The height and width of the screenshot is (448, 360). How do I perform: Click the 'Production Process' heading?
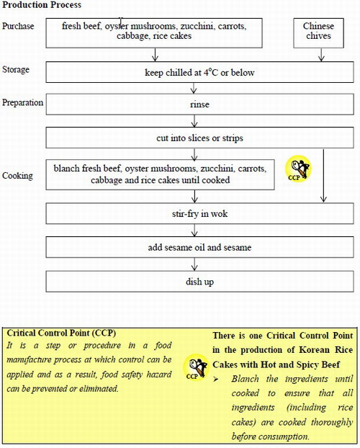click(40, 5)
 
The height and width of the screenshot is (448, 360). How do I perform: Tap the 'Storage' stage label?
click(17, 69)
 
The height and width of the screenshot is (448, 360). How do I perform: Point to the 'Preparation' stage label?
click(22, 102)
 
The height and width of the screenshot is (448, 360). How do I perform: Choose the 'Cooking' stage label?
click(17, 176)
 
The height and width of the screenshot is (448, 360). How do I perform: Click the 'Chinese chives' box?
click(319, 31)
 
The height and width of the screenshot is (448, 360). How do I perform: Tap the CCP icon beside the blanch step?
click(298, 169)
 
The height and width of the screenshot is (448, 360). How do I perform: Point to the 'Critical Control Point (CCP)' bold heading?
click(60, 333)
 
